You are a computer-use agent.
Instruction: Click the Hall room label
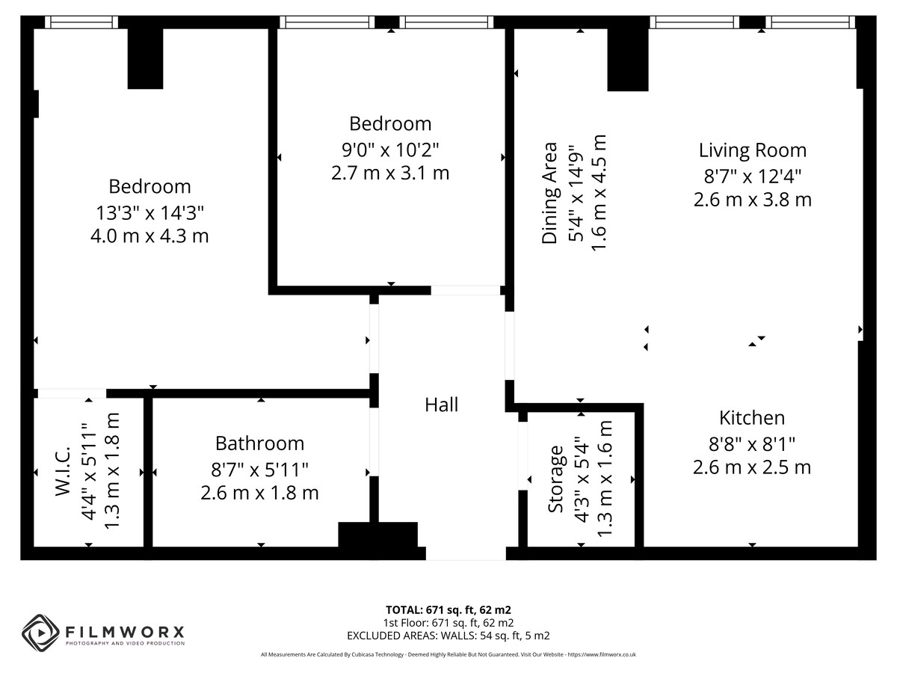(x=441, y=405)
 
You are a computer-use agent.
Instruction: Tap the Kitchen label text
(x=752, y=418)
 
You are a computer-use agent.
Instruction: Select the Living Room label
(x=752, y=150)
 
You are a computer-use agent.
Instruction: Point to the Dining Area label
(x=549, y=193)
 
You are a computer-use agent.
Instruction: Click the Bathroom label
(x=260, y=443)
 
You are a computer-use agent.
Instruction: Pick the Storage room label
(x=556, y=479)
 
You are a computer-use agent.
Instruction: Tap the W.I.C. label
(x=64, y=472)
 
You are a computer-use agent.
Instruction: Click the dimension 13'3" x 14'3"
(x=150, y=213)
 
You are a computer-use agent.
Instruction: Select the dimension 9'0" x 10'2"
(x=390, y=150)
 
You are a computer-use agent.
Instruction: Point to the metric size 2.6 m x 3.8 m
(x=752, y=200)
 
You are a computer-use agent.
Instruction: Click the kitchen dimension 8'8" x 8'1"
(x=752, y=444)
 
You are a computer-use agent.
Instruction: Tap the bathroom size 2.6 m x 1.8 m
(x=259, y=494)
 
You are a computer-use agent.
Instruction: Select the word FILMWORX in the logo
(x=125, y=633)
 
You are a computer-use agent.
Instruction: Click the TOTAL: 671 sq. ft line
(x=449, y=610)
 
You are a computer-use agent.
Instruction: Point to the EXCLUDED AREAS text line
(x=449, y=636)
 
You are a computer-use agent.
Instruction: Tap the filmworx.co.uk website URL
(x=602, y=654)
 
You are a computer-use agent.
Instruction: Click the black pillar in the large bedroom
(x=146, y=59)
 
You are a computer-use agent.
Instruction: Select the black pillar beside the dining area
(x=628, y=60)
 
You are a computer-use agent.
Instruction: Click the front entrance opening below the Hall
(x=466, y=553)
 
